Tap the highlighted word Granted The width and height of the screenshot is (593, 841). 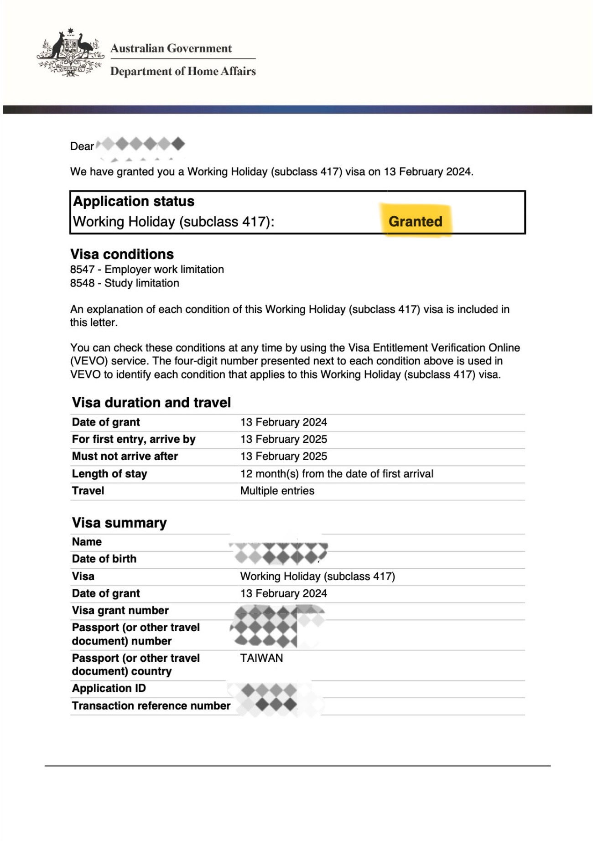click(415, 222)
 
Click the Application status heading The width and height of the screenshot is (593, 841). click(134, 201)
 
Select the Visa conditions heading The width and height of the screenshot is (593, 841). click(122, 254)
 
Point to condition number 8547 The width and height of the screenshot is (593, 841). click(82, 270)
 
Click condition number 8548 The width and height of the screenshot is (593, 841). click(82, 283)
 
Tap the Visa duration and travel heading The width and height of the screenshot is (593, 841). click(151, 403)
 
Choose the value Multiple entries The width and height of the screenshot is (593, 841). click(277, 491)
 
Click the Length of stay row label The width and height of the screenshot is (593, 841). click(109, 474)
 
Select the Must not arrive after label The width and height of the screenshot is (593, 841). click(125, 456)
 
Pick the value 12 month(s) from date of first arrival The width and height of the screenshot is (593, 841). click(337, 474)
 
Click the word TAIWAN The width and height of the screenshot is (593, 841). click(261, 658)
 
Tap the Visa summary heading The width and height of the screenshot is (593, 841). click(119, 523)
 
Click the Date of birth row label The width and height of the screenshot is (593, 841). click(104, 559)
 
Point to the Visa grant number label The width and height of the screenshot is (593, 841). click(120, 610)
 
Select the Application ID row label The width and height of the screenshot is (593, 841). click(109, 688)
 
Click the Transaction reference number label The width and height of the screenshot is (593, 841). click(151, 706)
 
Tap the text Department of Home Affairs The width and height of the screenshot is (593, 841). click(183, 71)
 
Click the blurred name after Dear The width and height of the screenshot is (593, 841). click(141, 145)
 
